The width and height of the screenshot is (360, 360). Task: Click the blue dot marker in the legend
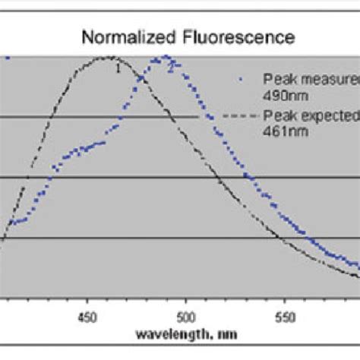click(x=241, y=77)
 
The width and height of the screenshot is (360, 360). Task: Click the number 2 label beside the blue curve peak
click(x=170, y=67)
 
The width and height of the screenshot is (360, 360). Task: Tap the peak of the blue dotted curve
click(x=164, y=58)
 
